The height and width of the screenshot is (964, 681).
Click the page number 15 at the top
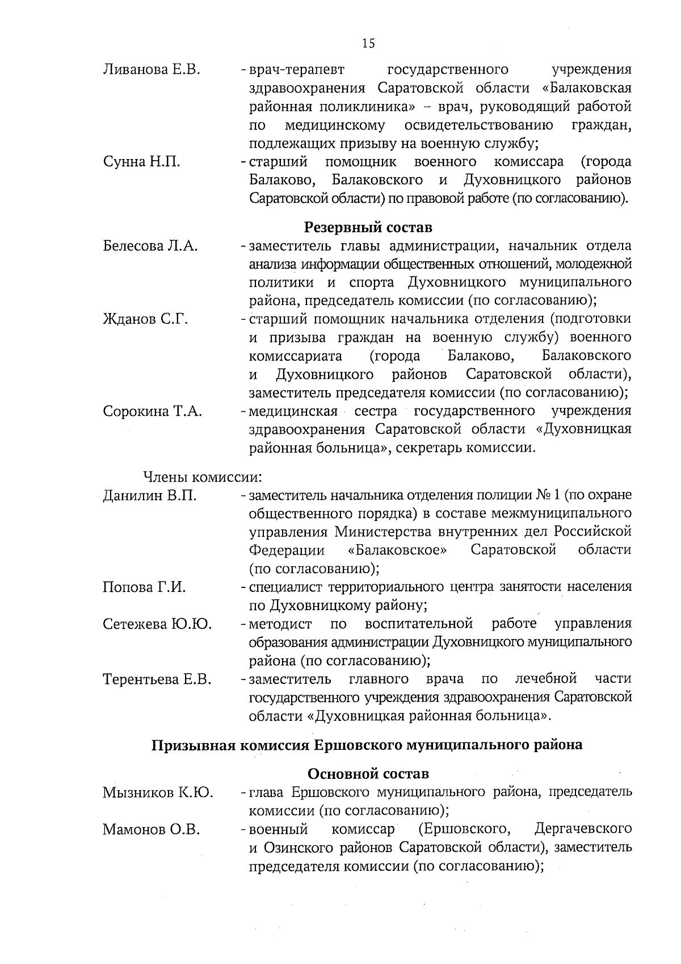368,44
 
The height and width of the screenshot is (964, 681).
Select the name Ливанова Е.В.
152,70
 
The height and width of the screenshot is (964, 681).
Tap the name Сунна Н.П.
141,162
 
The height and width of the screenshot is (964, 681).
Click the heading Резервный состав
368,227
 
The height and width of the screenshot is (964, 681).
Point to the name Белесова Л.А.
150,246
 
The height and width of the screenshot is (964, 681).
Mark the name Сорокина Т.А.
153,411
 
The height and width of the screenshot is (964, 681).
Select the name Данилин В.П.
150,495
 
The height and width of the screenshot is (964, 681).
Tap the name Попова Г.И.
144,587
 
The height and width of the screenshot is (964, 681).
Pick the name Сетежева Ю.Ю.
157,624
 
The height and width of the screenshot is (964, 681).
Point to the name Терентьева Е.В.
157,679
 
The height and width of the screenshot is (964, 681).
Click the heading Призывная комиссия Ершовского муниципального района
367,745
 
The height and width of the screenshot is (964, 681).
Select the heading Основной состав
368,774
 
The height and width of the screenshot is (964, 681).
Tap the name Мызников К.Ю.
158,792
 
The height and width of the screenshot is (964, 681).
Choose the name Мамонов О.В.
152,829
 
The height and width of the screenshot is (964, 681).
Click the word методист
280,624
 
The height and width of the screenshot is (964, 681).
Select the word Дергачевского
583,829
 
